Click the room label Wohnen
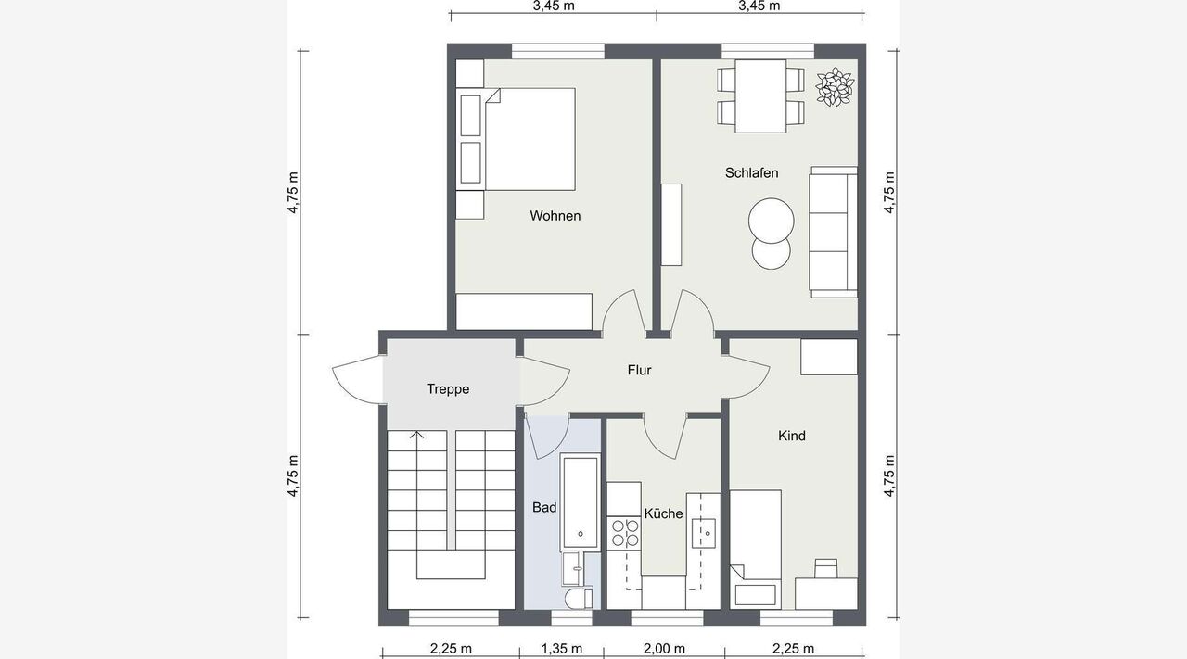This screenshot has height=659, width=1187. [x=555, y=216]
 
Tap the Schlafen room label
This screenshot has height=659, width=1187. [x=751, y=172]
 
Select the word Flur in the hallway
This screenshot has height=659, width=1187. [x=639, y=370]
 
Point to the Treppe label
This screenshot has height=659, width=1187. [x=448, y=389]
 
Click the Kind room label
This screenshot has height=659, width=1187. [x=792, y=436]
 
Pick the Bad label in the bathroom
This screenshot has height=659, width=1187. [x=544, y=508]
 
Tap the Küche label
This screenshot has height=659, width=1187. [x=663, y=513]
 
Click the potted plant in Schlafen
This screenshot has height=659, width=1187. [x=835, y=87]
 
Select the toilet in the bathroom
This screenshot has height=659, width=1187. [x=580, y=598]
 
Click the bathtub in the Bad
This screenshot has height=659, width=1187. [x=581, y=502]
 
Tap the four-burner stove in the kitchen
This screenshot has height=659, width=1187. [x=624, y=533]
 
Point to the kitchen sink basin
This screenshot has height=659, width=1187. [x=704, y=533]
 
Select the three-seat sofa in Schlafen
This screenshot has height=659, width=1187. [x=833, y=232]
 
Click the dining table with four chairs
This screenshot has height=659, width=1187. [x=760, y=95]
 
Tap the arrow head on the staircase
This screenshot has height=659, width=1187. [x=417, y=435]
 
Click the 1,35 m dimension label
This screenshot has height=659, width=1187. [x=562, y=649]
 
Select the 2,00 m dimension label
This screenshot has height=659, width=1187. [x=665, y=649]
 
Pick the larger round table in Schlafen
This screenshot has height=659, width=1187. [x=771, y=221]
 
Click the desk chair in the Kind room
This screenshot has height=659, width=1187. [x=826, y=568]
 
